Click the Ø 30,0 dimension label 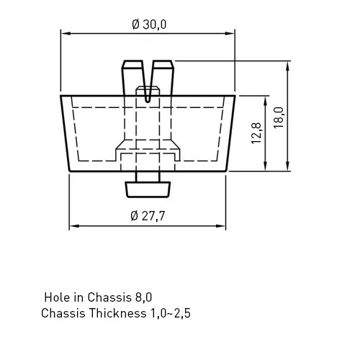tap(149, 24)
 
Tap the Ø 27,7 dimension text tap(148, 216)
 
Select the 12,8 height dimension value tap(256, 133)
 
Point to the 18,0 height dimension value tap(279, 117)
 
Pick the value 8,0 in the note tap(143, 297)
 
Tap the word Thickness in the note tap(117, 313)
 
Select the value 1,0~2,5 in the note tap(170, 313)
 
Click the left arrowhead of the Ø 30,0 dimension tap(66, 33)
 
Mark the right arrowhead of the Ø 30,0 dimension tap(230, 33)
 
